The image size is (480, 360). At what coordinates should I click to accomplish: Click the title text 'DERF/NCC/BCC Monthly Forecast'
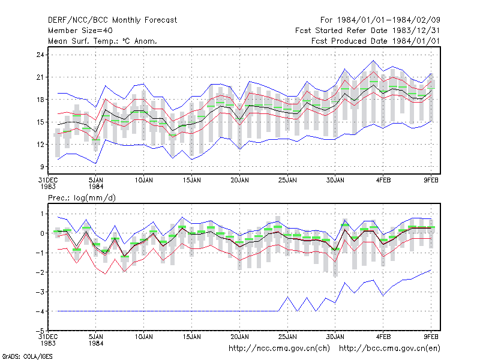tap(112, 20)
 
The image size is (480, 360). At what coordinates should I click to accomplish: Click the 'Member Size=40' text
tap(80, 31)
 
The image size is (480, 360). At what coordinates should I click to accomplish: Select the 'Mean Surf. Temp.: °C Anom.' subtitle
tap(102, 41)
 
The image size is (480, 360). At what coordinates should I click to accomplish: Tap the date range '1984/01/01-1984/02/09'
tap(388, 20)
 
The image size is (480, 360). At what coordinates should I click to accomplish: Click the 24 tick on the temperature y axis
tap(40, 55)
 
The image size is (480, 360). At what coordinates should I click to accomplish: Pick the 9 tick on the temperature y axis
tap(42, 167)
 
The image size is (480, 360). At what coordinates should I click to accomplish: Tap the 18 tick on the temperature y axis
tap(40, 100)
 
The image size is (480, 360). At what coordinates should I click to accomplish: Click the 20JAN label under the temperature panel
tap(239, 181)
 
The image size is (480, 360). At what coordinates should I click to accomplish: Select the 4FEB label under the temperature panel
tap(383, 181)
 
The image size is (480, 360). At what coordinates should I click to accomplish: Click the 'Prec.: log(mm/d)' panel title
tap(82, 198)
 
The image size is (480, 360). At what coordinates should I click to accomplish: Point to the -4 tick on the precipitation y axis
tap(40, 311)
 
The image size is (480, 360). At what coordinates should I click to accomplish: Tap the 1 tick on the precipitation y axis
tap(42, 214)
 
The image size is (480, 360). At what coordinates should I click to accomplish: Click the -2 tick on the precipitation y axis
tap(40, 272)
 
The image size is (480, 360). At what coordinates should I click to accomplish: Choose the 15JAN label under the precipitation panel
tap(192, 337)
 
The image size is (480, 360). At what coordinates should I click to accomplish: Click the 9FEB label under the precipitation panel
tap(431, 337)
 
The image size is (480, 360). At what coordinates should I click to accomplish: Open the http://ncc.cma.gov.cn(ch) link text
tap(279, 349)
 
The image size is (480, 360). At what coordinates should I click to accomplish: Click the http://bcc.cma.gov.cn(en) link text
tap(389, 349)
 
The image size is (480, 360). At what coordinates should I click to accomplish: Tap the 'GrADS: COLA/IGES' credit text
tap(27, 356)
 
